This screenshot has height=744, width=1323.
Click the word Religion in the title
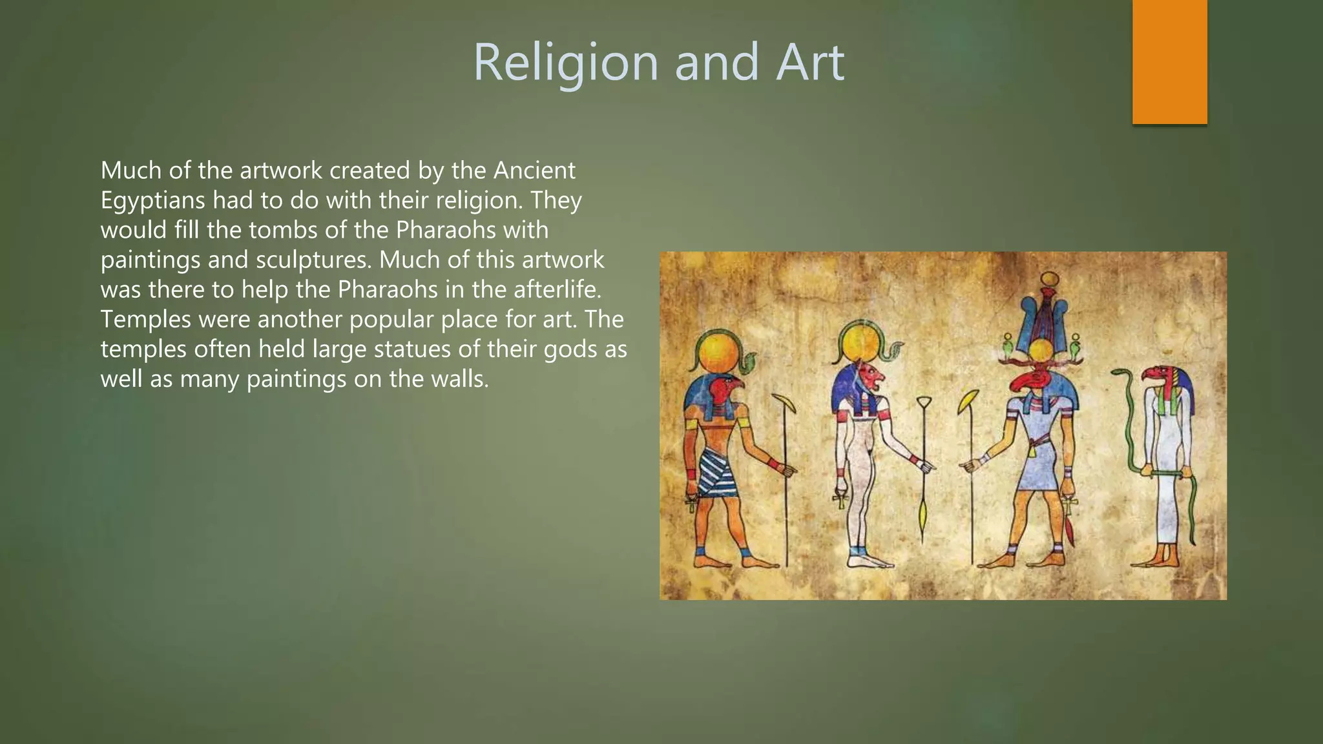(x=565, y=63)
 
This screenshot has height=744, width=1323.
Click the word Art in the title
(x=809, y=63)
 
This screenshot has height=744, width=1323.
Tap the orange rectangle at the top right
(x=1169, y=61)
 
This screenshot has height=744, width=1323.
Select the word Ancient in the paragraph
(x=534, y=170)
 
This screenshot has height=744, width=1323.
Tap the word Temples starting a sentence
(x=145, y=319)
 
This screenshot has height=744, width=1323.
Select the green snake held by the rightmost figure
(x=1130, y=426)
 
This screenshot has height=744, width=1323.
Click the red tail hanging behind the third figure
(x=1071, y=530)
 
